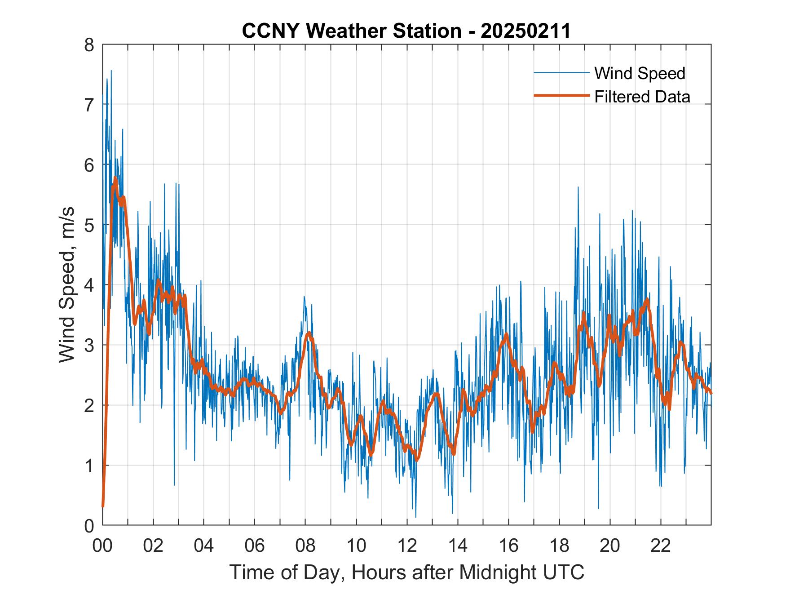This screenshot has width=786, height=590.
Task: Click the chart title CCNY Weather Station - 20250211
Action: point(406,31)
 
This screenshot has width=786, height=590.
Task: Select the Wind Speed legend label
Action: point(640,73)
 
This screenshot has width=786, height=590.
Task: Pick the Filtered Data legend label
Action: point(642,97)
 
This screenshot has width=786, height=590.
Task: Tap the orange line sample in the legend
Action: point(561,96)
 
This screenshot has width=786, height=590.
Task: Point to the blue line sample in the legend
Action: point(561,73)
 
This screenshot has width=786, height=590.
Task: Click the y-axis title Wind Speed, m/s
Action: point(67,285)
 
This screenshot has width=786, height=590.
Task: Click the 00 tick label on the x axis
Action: point(102,546)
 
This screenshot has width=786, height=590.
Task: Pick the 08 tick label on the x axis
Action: point(305,546)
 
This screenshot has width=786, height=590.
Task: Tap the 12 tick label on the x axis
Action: point(407,546)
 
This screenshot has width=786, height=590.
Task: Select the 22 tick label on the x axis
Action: point(661,546)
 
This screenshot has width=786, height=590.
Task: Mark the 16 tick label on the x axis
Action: point(508,546)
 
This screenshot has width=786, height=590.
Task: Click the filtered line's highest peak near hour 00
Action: point(115,178)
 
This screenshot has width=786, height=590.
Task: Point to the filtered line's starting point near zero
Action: point(103,506)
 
